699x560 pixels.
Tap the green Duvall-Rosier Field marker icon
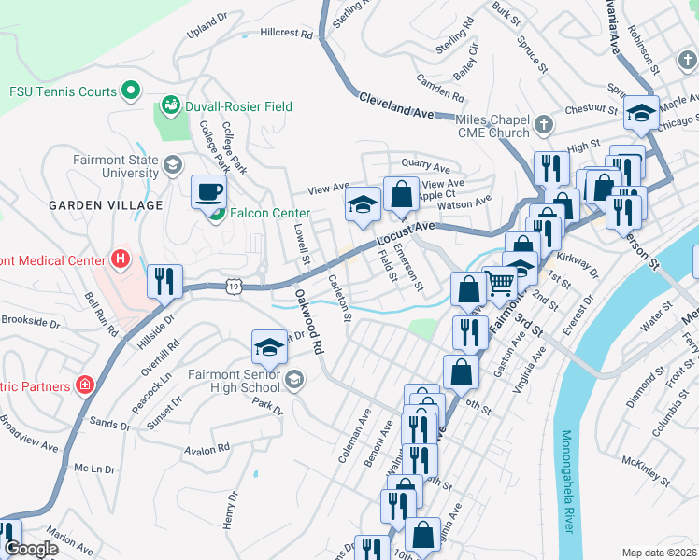tap(171, 105)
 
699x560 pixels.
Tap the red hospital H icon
tap(119, 258)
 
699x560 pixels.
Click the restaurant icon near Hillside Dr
tap(165, 280)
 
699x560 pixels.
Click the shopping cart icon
tap(501, 281)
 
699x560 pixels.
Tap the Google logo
tap(32, 549)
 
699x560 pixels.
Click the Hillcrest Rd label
tap(287, 33)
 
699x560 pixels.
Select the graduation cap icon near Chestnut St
tap(642, 112)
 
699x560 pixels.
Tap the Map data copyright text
tap(659, 552)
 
